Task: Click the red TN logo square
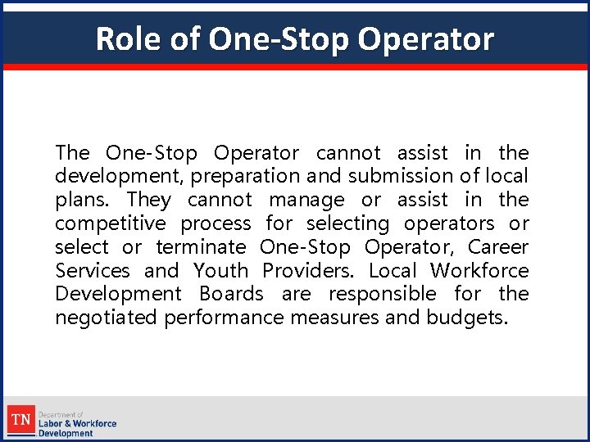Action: pyautogui.click(x=21, y=422)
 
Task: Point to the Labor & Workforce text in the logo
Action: pyautogui.click(x=78, y=423)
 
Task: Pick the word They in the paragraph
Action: pyautogui.click(x=149, y=200)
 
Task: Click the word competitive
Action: pyautogui.click(x=110, y=223)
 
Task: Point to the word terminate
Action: pyautogui.click(x=201, y=247)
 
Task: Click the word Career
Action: pyautogui.click(x=498, y=247)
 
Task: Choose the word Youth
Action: pyautogui.click(x=220, y=271)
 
